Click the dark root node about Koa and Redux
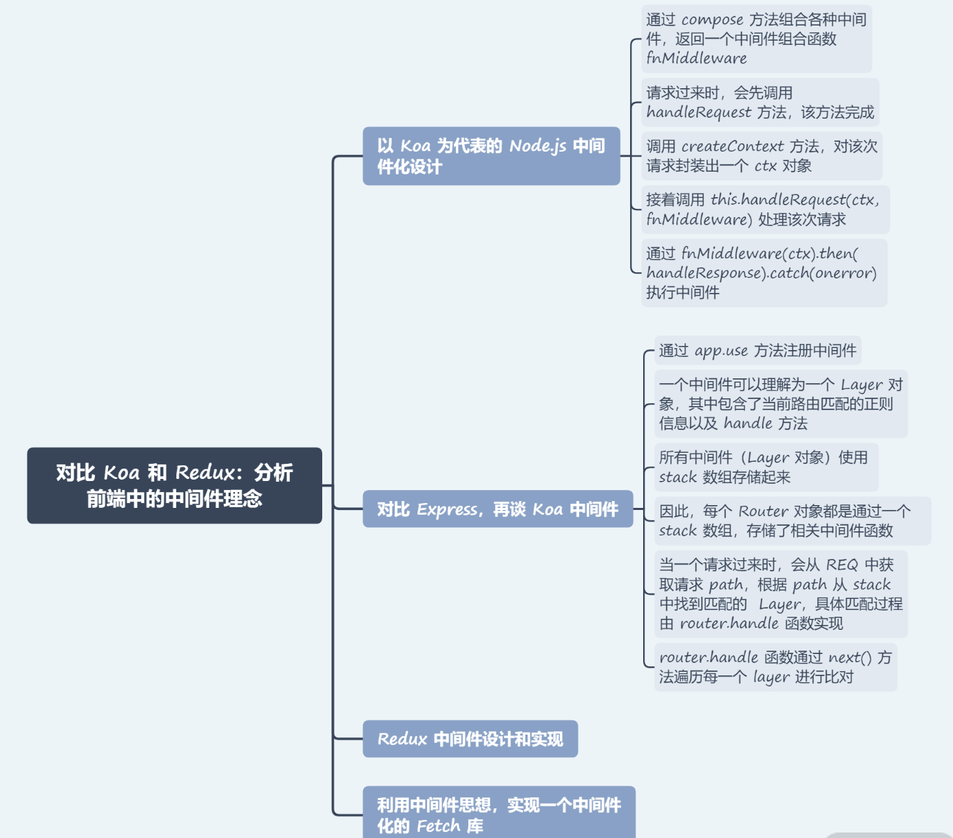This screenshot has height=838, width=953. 174,485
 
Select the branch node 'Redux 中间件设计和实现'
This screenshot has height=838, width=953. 470,739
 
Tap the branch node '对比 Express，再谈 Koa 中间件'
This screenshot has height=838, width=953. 497,509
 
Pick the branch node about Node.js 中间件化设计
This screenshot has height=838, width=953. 491,156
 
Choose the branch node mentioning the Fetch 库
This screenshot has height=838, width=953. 499,815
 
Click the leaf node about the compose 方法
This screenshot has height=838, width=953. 756,39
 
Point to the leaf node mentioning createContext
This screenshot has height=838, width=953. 761,156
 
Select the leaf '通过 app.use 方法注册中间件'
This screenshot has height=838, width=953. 757,351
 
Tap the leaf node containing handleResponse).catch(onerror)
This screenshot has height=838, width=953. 764,273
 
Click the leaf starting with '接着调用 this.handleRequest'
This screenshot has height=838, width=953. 765,209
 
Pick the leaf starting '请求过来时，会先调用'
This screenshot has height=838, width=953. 760,103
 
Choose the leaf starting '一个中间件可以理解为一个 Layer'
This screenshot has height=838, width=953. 780,404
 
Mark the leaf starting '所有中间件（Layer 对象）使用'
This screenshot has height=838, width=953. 765,467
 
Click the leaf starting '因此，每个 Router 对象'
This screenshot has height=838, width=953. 792,521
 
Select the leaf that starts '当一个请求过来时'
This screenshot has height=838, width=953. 780,594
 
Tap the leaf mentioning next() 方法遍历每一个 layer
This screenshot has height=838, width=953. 775,667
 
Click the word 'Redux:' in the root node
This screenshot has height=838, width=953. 209,473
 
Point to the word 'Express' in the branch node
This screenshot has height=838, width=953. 448,510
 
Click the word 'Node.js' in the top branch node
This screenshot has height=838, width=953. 538,146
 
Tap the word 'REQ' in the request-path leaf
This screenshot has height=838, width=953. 842,565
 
